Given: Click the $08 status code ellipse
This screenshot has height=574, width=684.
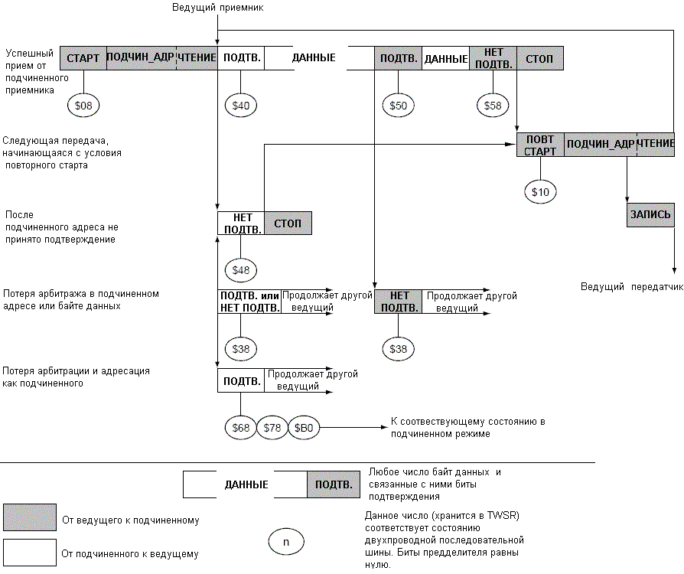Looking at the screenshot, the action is point(83,105).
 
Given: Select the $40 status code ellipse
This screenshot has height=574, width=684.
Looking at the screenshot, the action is point(240,105).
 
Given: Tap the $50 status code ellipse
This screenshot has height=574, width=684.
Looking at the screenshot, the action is point(398,105).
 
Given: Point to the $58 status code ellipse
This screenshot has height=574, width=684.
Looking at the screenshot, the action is point(493,105).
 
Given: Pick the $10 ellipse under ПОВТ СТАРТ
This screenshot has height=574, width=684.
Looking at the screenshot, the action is point(540,191).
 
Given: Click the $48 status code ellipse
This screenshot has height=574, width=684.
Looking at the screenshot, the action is point(240,269).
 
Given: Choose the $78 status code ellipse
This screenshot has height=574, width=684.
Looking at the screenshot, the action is point(272,427).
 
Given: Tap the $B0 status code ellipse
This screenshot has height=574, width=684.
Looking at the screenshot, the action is point(304,427).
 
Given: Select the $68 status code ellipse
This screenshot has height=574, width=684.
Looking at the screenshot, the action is point(240,427).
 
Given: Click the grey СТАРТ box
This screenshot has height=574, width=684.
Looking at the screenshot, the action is point(83,58).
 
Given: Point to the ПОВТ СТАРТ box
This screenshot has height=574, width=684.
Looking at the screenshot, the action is point(540,145).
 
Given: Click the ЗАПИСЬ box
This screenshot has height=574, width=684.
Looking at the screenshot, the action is point(650,214).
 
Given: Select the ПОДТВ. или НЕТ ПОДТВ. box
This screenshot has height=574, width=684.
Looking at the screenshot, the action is point(249,302).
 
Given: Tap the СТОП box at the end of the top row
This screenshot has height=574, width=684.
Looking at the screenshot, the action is point(540,58).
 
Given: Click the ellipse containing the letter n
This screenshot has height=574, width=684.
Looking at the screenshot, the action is point(286,542).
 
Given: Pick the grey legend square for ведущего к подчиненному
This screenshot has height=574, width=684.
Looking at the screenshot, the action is point(30,517).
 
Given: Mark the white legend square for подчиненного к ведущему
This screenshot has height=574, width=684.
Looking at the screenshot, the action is point(30,552).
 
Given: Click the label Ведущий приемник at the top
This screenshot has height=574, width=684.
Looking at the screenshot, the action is point(218,8).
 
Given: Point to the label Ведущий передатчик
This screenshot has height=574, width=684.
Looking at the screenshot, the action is point(632,287).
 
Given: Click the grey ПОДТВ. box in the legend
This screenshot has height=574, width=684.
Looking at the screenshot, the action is point(334,484).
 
